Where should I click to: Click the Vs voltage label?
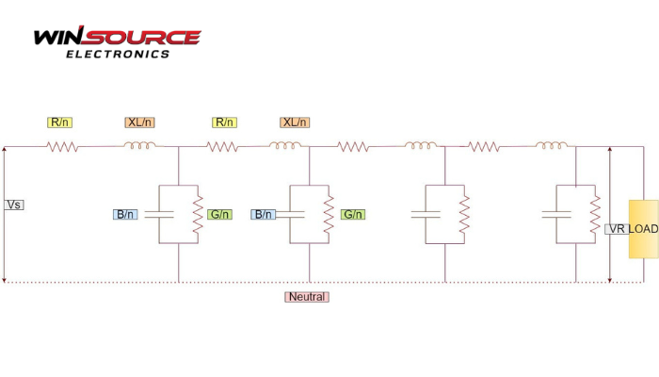14,205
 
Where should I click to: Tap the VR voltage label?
617,229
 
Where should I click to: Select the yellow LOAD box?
644,228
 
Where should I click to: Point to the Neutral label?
307,297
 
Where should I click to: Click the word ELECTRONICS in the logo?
118,54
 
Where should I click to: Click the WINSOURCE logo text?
117,38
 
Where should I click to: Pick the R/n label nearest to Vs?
61,123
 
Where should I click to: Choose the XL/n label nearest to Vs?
139,123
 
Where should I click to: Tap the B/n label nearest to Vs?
125,214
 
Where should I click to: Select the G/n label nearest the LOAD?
353,214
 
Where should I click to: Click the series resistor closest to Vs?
63,146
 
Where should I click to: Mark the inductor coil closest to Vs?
140,145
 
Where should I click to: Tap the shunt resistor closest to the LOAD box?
593,214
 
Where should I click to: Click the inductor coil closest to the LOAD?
552,145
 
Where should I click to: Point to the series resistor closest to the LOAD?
484,146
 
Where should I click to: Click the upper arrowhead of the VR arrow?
611,150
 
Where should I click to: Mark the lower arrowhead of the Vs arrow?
5,278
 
